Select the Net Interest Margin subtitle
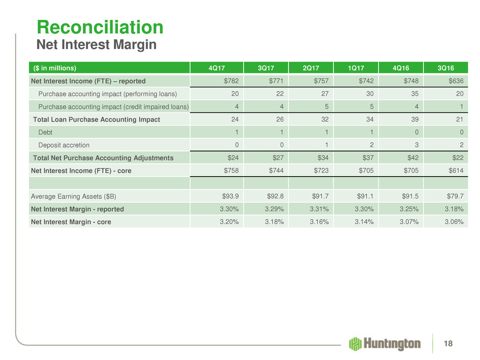(96, 45)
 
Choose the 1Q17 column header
(356, 68)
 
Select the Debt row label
(45, 132)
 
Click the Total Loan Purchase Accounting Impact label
(97, 119)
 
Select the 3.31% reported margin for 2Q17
(317, 209)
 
